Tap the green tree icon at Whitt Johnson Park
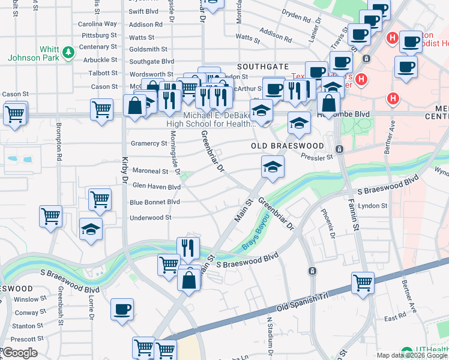pos(69,53)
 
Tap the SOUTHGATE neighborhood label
pos(263,67)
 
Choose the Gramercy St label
pos(149,143)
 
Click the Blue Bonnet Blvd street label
pos(155,202)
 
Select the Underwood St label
pos(151,218)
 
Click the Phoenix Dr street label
pos(328,223)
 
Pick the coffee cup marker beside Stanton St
pos(122,310)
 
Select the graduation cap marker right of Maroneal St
pos(272,166)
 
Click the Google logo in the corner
pos(20,353)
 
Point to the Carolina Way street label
pos(98,24)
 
